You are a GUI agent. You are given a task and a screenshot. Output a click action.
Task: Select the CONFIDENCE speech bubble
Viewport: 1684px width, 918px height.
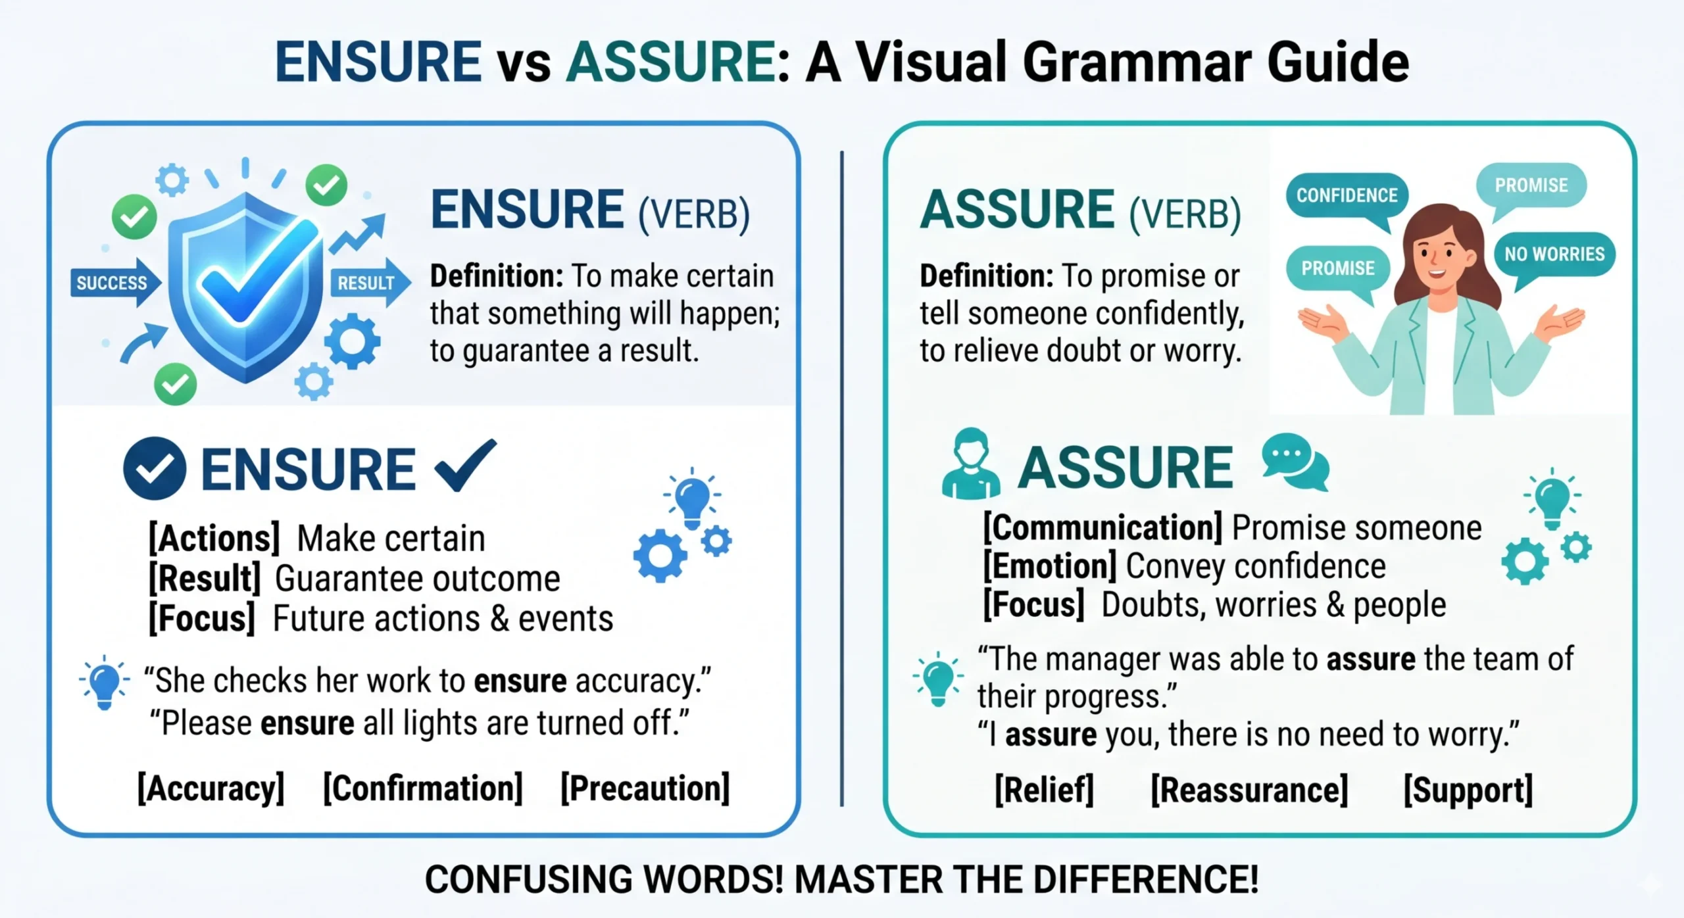click(1346, 195)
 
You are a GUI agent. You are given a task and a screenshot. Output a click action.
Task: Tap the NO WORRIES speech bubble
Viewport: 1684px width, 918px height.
click(1554, 254)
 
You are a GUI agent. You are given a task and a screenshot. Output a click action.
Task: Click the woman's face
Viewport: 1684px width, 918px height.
click(1438, 253)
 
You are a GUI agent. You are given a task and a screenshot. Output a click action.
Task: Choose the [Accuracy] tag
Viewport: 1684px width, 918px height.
click(211, 788)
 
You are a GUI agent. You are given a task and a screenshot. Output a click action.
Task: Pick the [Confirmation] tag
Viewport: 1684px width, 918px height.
click(423, 788)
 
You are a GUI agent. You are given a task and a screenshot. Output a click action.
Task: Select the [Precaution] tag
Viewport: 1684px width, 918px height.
click(645, 788)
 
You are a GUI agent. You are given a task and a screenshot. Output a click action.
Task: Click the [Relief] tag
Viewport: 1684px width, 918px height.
click(1044, 790)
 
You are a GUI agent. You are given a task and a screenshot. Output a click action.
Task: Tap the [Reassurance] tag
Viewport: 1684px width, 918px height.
click(1249, 790)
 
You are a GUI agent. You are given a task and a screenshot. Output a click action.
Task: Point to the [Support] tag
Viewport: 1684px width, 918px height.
click(1468, 790)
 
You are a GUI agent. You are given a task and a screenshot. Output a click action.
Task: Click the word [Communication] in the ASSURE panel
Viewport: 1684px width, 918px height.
click(1102, 527)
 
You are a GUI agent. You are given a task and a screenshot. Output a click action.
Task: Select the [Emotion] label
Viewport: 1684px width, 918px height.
click(1050, 566)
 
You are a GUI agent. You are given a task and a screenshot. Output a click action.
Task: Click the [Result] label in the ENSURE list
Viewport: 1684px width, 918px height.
click(205, 579)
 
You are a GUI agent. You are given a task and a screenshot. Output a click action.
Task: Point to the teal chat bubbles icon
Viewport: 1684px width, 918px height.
click(1295, 462)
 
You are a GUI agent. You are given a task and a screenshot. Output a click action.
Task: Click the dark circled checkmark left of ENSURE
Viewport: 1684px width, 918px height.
click(155, 468)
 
